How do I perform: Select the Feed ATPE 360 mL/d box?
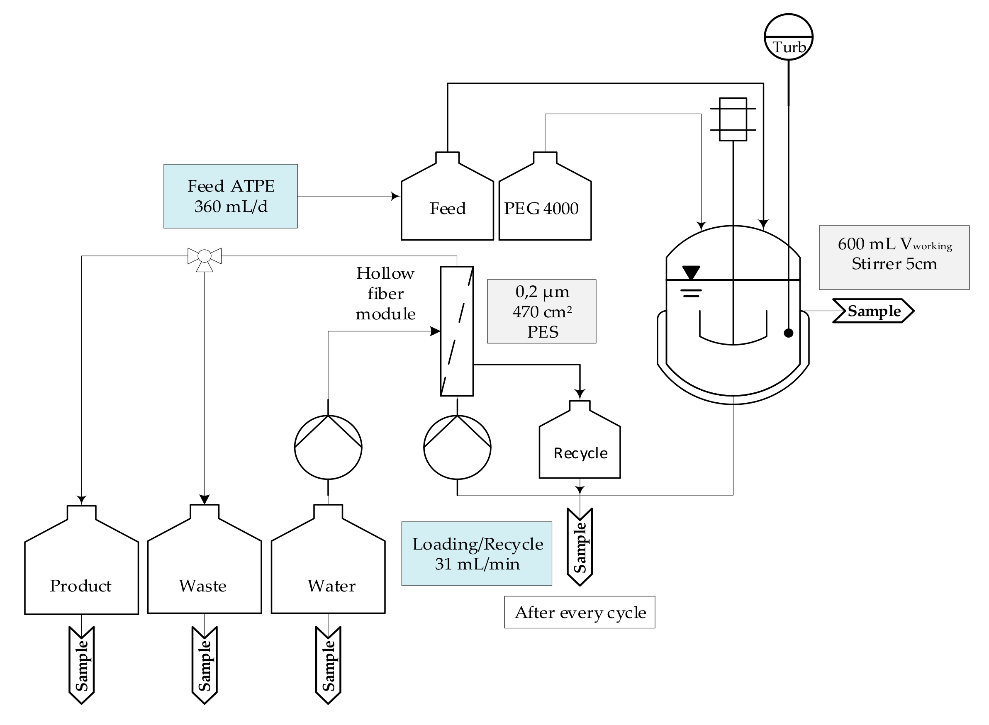(x=231, y=196)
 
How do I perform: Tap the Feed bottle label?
(x=447, y=209)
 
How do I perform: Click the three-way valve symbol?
(x=205, y=256)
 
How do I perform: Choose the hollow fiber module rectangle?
(x=456, y=331)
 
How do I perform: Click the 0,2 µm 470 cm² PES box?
(x=541, y=311)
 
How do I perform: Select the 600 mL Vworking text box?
(x=894, y=257)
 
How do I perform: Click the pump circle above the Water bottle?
(x=328, y=447)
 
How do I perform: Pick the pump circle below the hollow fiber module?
(x=457, y=447)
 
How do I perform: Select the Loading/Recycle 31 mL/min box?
(x=477, y=554)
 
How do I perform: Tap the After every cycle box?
(x=580, y=612)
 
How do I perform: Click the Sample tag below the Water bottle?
(x=328, y=665)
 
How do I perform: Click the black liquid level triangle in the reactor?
(x=691, y=272)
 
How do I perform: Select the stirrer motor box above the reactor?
(x=733, y=119)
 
